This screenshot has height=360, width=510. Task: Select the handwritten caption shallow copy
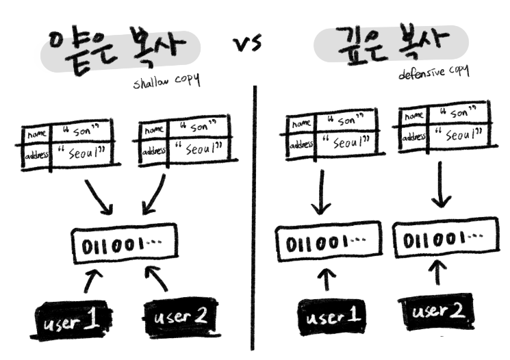tap(166, 81)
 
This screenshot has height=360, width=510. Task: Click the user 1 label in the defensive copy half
tap(331, 316)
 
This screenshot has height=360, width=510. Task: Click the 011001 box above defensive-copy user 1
tap(325, 244)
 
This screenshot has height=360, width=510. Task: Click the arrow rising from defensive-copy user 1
tap(327, 280)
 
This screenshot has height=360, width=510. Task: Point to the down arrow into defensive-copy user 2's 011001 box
tap(442, 188)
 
